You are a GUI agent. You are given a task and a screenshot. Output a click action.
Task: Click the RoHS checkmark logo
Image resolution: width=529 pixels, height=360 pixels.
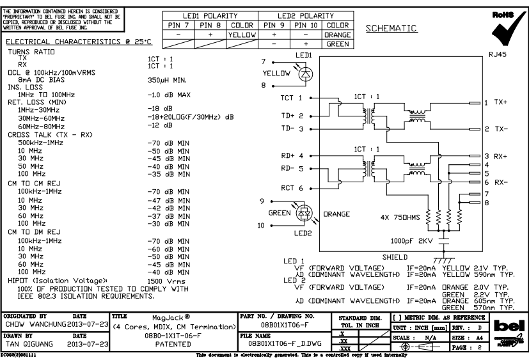tap(501, 26)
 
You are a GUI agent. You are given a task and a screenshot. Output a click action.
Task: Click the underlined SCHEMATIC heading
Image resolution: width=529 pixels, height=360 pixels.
tap(391, 29)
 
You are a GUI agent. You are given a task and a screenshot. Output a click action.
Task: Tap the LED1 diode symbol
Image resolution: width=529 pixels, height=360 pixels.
tap(304, 73)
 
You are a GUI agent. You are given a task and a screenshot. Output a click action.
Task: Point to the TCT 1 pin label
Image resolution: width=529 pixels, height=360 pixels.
tap(292, 99)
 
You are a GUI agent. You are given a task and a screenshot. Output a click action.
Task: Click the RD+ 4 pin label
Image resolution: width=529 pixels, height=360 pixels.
tap(292, 155)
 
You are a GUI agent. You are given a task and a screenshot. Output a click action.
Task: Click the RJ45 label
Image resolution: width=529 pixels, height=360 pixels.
tap(497, 56)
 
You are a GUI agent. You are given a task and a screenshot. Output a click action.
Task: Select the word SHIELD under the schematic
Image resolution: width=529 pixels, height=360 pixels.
tap(395, 256)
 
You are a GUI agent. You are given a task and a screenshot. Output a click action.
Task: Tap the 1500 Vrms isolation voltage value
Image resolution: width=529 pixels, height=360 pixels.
tap(167, 281)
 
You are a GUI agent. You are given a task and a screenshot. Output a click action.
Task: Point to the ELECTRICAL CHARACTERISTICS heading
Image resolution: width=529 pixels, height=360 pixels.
tap(79, 42)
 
